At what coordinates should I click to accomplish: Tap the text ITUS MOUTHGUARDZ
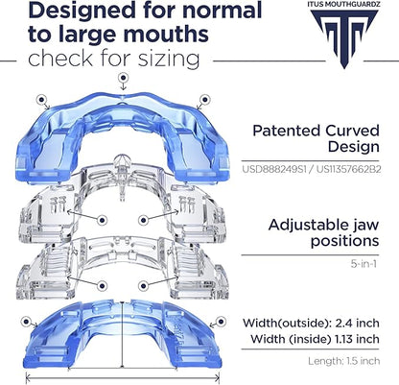344,4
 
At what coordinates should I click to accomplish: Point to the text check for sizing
114,59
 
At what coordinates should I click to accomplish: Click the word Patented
286,131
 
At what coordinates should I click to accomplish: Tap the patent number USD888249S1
274,169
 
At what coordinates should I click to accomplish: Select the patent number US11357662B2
349,169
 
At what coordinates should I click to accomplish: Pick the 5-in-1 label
364,264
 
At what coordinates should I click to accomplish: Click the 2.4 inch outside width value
357,323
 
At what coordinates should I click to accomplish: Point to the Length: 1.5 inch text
344,361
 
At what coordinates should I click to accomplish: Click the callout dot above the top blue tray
123,78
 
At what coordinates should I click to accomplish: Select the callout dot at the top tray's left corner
41,100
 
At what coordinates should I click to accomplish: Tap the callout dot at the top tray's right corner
204,99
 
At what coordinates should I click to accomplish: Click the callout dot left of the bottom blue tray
26,322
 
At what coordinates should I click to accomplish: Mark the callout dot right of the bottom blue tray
221,321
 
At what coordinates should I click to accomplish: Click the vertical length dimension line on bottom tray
122,334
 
